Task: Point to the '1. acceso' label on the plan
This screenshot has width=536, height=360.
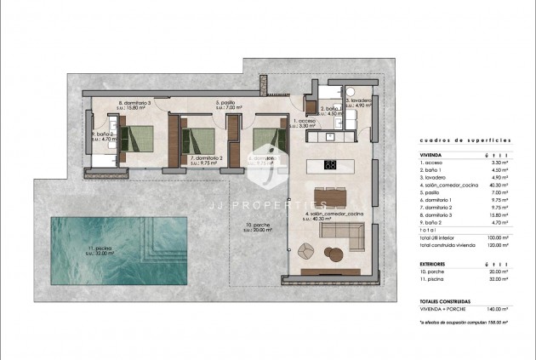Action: (305, 122)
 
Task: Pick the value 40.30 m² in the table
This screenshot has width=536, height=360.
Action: (498, 185)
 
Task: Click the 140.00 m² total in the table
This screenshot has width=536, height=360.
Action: (498, 309)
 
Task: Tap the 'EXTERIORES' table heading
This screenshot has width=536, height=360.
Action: (434, 265)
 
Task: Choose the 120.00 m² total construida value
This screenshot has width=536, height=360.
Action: (498, 245)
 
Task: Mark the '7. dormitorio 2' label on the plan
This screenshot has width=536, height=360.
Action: (207, 158)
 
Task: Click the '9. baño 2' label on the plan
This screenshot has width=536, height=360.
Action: (104, 134)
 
